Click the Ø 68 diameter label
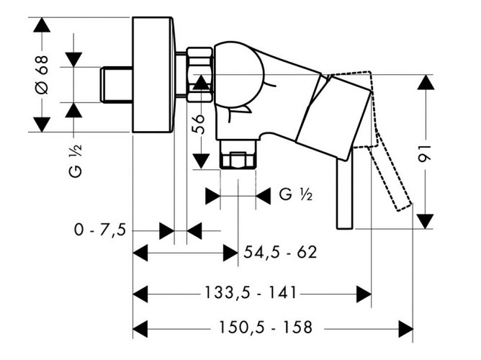click(41, 76)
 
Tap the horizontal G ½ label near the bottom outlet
click(295, 194)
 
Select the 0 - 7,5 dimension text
click(100, 230)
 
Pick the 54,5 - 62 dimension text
click(280, 253)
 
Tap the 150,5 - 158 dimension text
click(266, 328)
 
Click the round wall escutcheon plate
click(153, 74)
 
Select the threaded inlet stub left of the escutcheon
click(115, 84)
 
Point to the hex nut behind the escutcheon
click(199, 73)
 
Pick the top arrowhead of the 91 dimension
click(426, 81)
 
